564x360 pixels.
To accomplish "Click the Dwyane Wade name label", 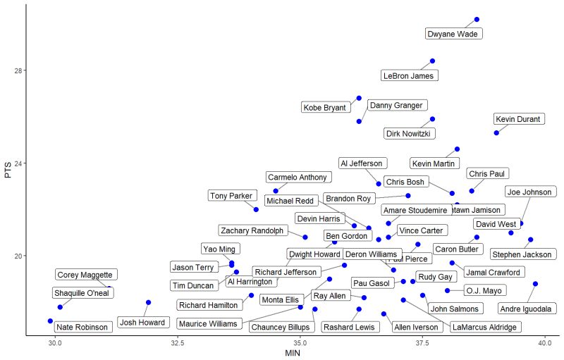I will tap(455, 34).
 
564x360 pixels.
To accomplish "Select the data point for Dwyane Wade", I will tap(477, 20).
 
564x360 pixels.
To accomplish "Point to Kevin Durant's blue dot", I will tap(496, 132).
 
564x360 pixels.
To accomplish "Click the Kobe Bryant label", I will tap(325, 108).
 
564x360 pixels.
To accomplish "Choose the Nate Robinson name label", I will tap(82, 327).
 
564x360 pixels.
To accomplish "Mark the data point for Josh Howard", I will tap(148, 302).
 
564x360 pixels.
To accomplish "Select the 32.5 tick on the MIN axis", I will tap(178, 343).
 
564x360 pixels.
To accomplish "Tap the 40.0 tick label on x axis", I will tap(544, 343).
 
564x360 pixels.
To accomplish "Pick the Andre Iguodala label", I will tap(527, 309).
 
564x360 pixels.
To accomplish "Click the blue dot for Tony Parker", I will tap(256, 209).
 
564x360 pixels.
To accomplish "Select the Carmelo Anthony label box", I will tap(298, 177).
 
